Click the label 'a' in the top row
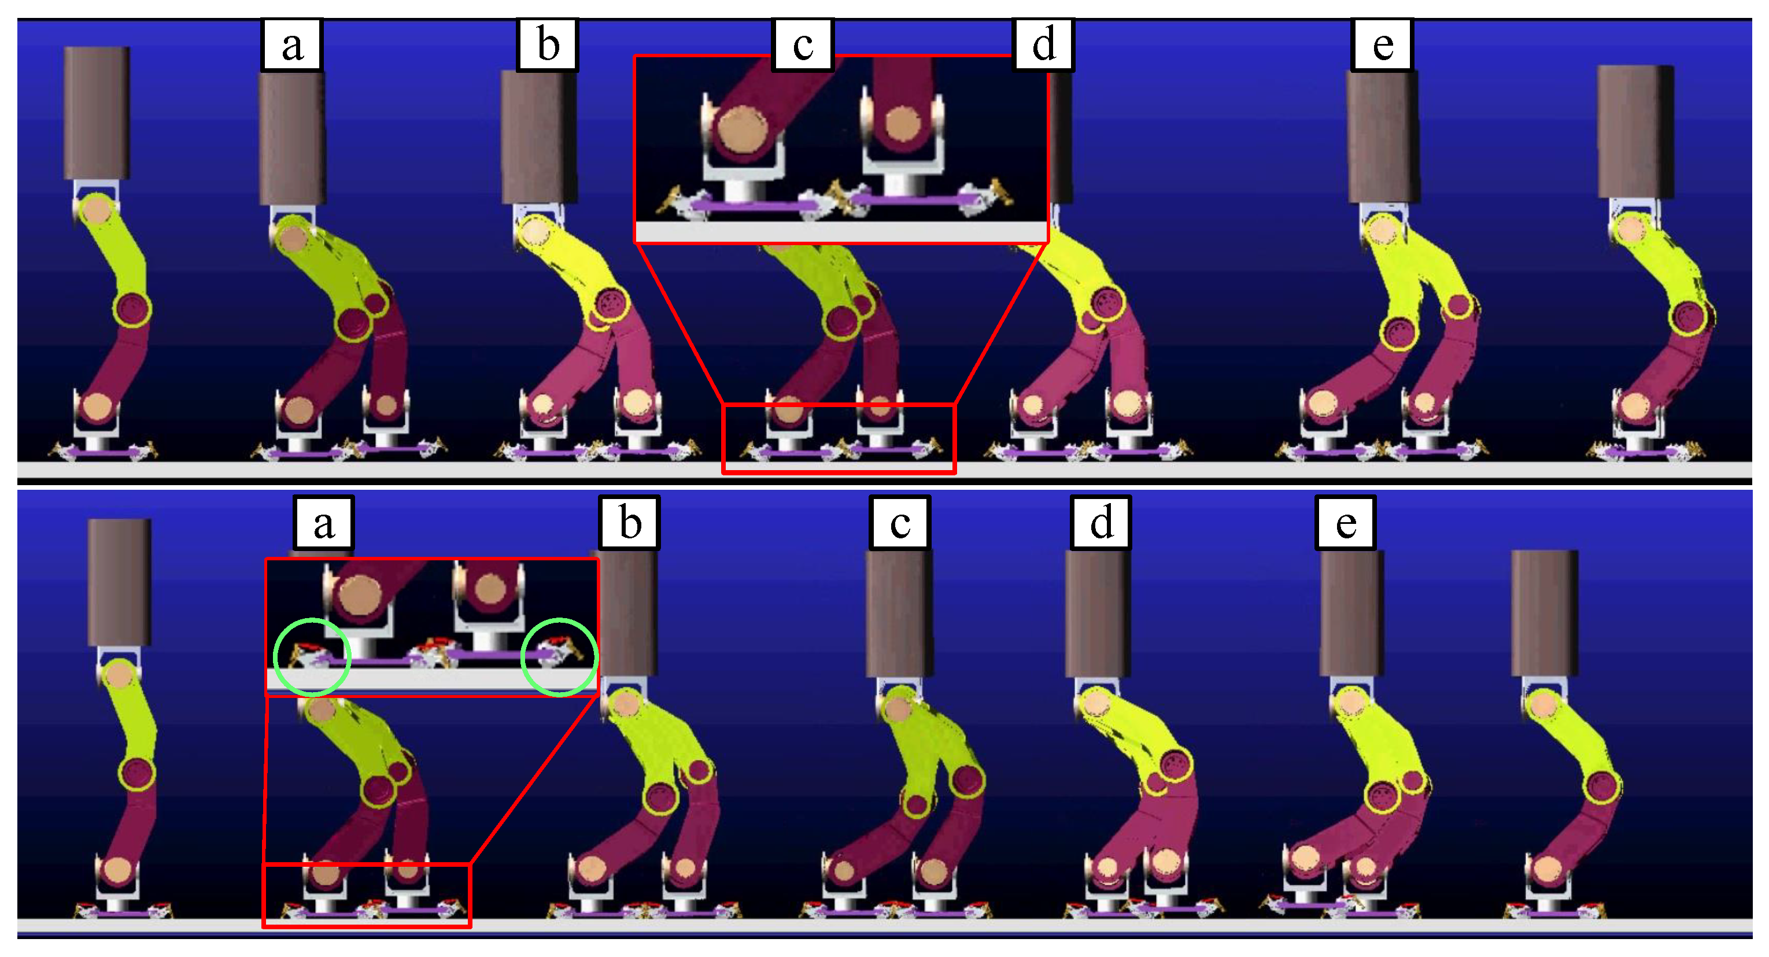tap(292, 45)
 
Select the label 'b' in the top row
tap(547, 45)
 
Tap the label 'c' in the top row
tap(803, 45)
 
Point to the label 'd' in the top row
tap(1044, 45)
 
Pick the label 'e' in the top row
tap(1382, 45)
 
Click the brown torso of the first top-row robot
tap(97, 113)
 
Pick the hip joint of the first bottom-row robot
tap(120, 675)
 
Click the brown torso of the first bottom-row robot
tap(120, 582)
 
